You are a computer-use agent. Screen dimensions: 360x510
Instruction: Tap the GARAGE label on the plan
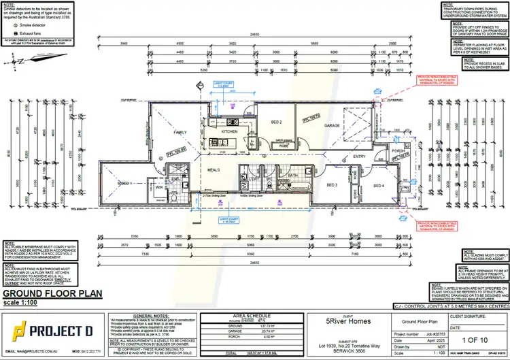coord(332,126)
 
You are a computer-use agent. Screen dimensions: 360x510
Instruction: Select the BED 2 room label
coord(275,122)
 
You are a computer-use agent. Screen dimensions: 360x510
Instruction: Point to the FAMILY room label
coord(180,133)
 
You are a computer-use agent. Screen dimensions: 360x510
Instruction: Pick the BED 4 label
coord(378,185)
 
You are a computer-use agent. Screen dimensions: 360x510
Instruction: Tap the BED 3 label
coord(332,185)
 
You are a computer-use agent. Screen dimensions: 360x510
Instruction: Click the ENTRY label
coord(360,156)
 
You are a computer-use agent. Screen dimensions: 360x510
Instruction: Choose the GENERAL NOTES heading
coord(152,316)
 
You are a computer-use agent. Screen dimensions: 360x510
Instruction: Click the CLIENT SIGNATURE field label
coord(472,316)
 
